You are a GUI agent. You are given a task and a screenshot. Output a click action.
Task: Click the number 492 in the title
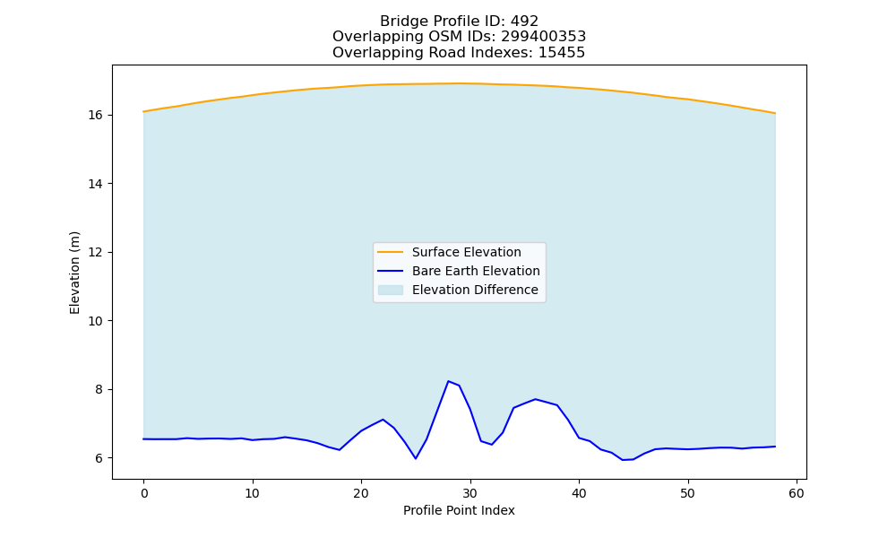coord(524,22)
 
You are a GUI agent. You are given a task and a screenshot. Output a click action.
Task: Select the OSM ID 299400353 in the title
coord(544,37)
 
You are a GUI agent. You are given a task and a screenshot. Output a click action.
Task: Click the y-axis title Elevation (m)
coord(74,273)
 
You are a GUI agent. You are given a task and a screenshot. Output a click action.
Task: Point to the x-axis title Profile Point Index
coord(459,510)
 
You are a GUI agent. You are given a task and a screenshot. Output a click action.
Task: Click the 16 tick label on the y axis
coord(96,116)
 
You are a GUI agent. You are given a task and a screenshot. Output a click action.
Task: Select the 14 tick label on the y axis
coord(96,184)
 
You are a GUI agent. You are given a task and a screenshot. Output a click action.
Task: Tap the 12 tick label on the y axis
coord(96,253)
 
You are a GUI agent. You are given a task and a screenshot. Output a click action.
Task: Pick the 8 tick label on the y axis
coord(99,390)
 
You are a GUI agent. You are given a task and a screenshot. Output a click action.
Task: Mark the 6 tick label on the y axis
coord(99,458)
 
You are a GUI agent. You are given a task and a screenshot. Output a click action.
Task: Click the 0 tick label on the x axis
coord(144,493)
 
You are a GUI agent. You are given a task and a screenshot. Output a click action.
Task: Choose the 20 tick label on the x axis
coord(361,493)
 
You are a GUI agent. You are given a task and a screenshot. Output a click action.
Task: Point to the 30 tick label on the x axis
coord(470,493)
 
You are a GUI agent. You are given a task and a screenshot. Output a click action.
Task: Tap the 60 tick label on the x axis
coord(797,493)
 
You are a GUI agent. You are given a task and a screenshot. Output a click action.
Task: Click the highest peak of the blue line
coord(449,381)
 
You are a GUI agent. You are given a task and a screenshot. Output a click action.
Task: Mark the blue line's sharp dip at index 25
coord(416,458)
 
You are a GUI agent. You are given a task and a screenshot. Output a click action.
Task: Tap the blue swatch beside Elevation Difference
coord(391,290)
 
